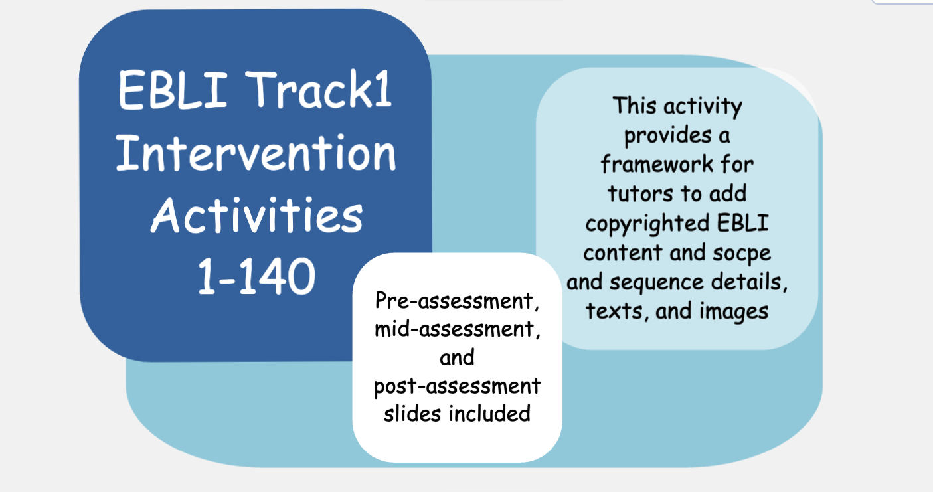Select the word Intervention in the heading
(256, 155)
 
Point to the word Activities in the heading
(256, 216)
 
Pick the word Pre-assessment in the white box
(456, 302)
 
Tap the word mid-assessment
(456, 330)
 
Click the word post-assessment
(457, 386)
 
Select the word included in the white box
(489, 414)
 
